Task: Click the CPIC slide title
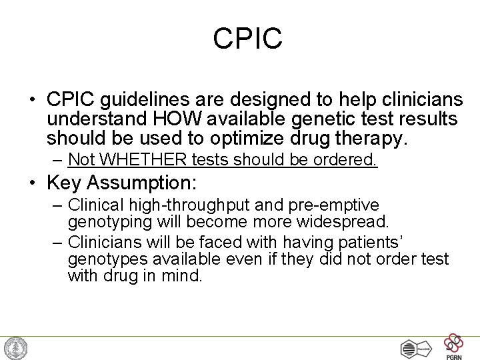pyautogui.click(x=248, y=38)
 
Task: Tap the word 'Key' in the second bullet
pyautogui.click(x=66, y=183)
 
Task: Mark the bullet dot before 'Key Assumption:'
pyautogui.click(x=31, y=183)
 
